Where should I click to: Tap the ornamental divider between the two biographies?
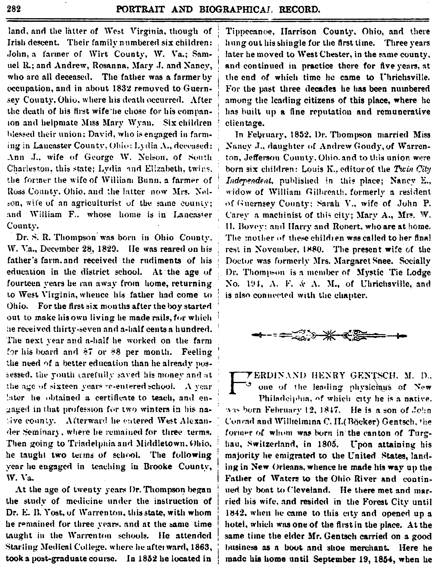329,335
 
